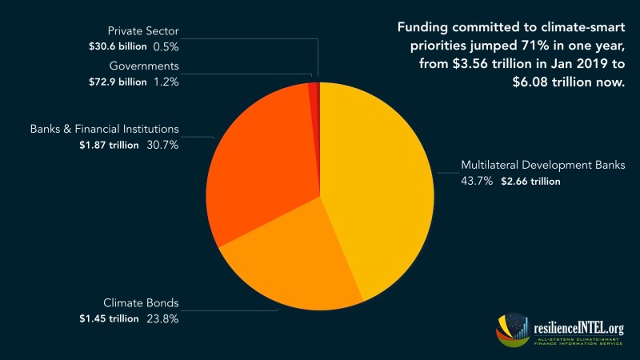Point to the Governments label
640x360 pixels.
pyautogui.click(x=143, y=66)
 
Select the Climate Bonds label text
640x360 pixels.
pyautogui.click(x=141, y=303)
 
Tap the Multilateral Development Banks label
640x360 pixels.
pyautogui.click(x=542, y=166)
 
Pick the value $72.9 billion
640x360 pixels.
pyautogui.click(x=118, y=82)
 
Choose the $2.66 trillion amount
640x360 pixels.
pyautogui.click(x=530, y=182)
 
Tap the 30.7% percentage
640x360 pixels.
pyautogui.click(x=162, y=145)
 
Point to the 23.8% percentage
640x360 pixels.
pyautogui.click(x=162, y=318)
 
